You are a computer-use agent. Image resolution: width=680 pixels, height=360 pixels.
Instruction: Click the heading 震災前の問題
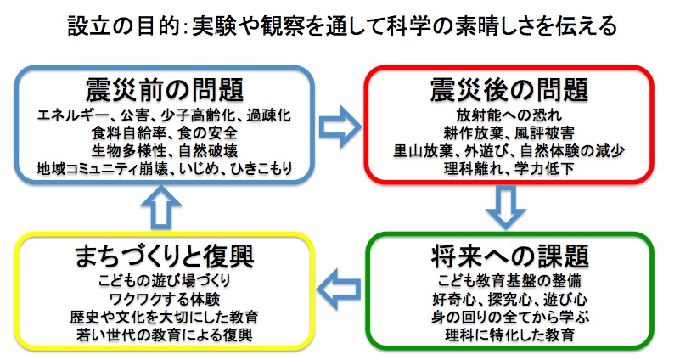tap(165, 90)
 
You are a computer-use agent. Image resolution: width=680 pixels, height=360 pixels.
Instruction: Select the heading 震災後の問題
tap(509, 90)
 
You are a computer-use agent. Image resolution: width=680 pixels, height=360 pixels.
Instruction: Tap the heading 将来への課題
tap(510, 256)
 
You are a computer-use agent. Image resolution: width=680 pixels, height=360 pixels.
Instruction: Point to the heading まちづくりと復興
tap(165, 256)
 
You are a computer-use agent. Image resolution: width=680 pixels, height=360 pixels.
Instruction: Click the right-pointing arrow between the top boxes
tap(340, 127)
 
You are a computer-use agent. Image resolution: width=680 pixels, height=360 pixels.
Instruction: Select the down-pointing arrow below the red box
tap(506, 207)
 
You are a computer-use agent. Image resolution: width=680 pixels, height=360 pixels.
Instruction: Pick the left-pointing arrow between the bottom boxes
tap(339, 289)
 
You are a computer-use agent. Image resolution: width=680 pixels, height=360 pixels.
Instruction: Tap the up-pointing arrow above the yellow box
tap(161, 207)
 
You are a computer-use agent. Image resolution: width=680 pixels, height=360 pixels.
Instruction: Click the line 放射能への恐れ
tap(509, 115)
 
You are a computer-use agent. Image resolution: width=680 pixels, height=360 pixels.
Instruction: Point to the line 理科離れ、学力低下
tap(509, 168)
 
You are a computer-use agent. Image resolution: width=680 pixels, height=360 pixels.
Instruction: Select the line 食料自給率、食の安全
tap(165, 132)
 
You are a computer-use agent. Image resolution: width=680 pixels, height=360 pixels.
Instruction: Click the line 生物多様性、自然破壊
tap(165, 150)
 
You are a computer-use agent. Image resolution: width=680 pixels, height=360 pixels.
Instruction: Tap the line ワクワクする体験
tap(165, 299)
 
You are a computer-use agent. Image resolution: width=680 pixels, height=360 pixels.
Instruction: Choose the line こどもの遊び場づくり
tap(165, 281)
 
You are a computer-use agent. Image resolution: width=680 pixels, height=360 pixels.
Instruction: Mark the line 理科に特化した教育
tap(510, 335)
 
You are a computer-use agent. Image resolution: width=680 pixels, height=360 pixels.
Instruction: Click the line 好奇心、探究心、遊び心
tap(510, 299)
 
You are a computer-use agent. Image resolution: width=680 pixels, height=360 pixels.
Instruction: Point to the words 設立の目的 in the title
tap(124, 26)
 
